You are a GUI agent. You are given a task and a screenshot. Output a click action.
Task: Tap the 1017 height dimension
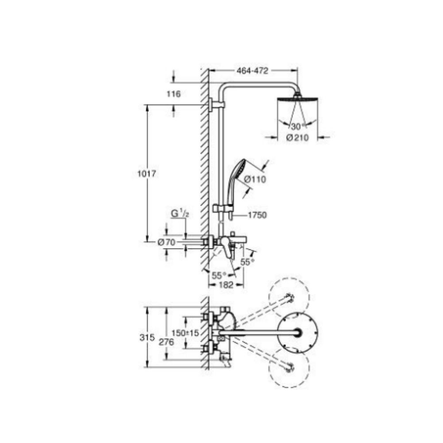coord(146,174)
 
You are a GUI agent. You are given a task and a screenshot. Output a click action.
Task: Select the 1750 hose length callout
coord(257,215)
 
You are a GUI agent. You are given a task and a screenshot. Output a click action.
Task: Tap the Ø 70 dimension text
coord(167,242)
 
